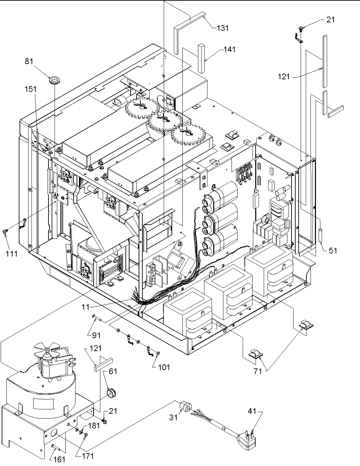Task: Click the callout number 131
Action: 222,28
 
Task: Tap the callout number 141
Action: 229,49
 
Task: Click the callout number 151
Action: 30,89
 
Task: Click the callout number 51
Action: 333,250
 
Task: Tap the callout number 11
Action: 85,307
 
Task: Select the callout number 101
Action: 164,367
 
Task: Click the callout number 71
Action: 258,371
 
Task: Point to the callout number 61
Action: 113,372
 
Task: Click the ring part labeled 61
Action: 112,393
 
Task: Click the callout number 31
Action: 173,418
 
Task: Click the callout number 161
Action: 59,460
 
